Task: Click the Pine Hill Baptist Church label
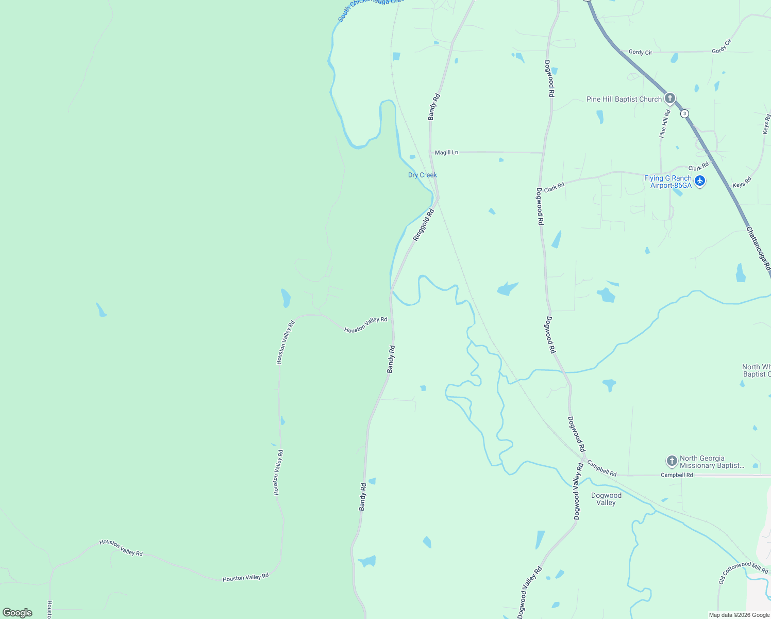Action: (x=624, y=99)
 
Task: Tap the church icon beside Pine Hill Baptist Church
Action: (x=669, y=98)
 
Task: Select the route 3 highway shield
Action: (x=684, y=113)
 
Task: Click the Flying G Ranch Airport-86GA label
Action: (x=668, y=182)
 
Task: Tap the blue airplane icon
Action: (x=699, y=181)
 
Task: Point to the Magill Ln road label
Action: (x=446, y=153)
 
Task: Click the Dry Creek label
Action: (x=422, y=175)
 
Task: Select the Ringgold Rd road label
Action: (x=424, y=225)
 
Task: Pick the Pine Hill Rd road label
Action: (x=665, y=123)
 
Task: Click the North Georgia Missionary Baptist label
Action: (x=712, y=462)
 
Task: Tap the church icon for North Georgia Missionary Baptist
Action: (x=671, y=461)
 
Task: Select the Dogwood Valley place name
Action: (x=606, y=499)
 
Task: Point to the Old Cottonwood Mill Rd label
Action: (x=743, y=572)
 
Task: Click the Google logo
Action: (x=18, y=613)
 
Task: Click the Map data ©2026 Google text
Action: (x=739, y=615)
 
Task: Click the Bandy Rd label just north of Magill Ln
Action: (x=434, y=107)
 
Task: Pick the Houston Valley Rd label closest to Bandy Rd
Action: (x=365, y=325)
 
